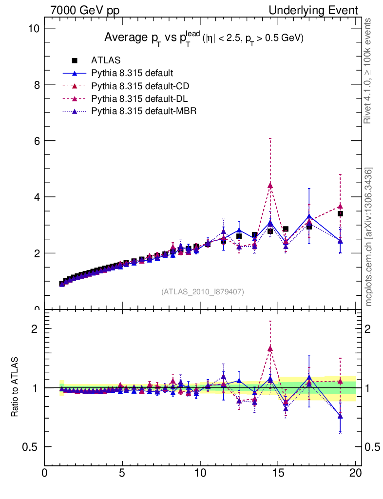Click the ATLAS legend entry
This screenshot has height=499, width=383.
(x=106, y=60)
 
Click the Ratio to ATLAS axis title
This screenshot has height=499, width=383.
(x=15, y=387)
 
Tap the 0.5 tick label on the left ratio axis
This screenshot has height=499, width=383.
(x=31, y=447)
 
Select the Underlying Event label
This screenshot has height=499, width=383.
(x=320, y=10)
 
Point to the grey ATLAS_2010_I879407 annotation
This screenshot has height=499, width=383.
(x=203, y=291)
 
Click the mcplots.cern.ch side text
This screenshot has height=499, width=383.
(x=369, y=237)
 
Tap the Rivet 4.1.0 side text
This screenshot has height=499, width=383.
(x=369, y=71)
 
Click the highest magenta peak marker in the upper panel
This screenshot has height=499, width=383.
(x=270, y=186)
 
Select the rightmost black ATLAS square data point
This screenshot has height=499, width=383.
(x=340, y=214)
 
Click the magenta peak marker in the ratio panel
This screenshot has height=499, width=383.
(x=270, y=348)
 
